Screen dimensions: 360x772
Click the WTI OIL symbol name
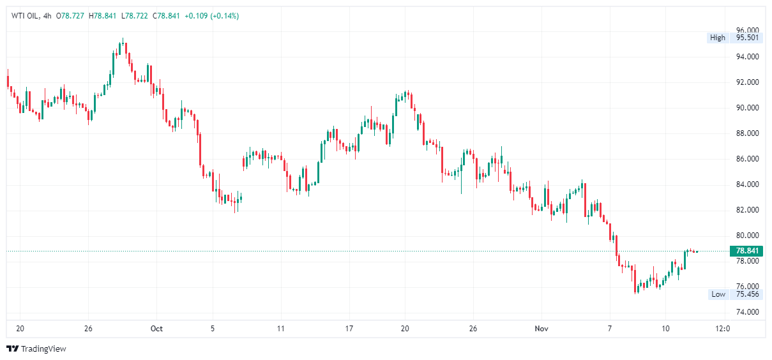26,16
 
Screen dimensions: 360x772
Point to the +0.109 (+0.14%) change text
211,16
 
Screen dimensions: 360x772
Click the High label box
718,38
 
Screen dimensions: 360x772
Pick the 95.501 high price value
748,38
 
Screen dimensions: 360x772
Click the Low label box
718,294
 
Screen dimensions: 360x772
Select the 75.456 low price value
748,294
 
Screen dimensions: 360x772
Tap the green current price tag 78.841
748,251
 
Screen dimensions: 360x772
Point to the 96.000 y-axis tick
748,31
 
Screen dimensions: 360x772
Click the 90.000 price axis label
748,108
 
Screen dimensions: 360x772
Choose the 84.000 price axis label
748,184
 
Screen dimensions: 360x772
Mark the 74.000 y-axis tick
748,312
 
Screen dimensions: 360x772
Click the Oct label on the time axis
156,329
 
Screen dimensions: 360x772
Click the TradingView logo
36,349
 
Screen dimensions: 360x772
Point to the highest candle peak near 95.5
122,40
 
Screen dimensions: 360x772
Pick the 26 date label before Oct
88,329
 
